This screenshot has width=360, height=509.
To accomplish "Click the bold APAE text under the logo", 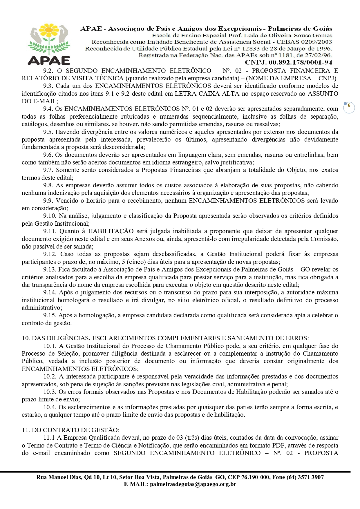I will pos(49,60).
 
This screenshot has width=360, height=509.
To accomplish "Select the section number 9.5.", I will pos(48,132).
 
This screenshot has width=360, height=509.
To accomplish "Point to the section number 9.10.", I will pos(50,216).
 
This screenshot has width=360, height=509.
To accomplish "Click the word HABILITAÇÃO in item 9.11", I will pos(111,231).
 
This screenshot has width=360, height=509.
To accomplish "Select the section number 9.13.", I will pos(50,269).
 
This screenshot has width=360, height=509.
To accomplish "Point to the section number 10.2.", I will pos(50,376).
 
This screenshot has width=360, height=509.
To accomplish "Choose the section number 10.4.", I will pos(50,407).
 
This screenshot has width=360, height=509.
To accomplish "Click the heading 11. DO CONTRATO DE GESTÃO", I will pos(70,430).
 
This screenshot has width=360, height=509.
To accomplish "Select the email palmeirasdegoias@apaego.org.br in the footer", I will pos(193,484).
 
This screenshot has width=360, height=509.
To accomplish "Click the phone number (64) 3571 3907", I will pos(305,477).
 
